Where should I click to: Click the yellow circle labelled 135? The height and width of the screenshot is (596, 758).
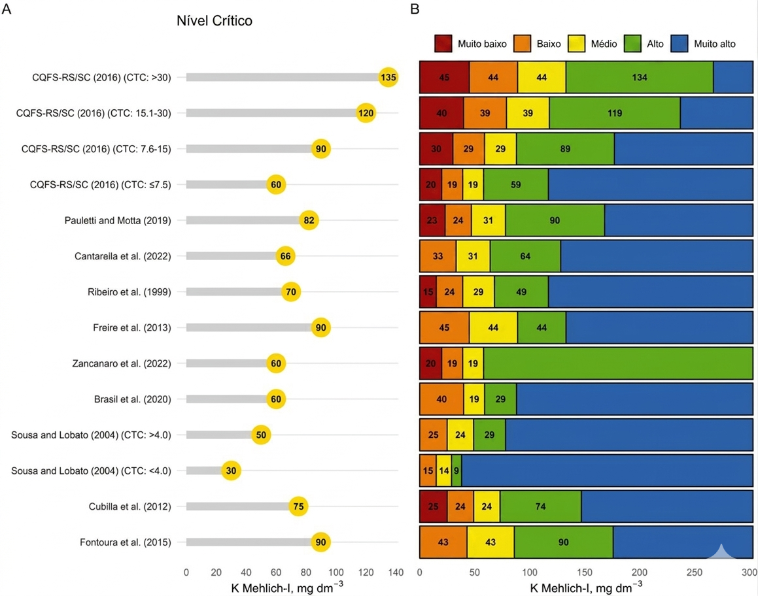point(388,77)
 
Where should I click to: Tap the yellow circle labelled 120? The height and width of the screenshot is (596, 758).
point(366,113)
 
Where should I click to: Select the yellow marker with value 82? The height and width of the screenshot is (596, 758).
point(309,220)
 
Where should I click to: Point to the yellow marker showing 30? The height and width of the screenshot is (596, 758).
point(232,471)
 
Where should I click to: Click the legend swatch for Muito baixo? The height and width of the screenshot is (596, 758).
point(443,44)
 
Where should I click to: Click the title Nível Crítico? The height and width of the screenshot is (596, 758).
point(215,21)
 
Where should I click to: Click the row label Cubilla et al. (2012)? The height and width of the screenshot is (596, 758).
point(129,506)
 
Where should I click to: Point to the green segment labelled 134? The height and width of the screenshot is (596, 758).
point(639,77)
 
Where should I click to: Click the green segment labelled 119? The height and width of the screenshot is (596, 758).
point(614,113)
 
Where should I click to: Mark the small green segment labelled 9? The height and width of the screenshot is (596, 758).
point(456,471)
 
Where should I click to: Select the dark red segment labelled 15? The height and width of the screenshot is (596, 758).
point(428,292)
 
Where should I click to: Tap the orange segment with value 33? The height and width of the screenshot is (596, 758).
point(438,256)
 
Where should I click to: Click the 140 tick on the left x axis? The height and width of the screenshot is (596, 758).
point(395,573)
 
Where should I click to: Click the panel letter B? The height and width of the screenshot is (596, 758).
point(414,8)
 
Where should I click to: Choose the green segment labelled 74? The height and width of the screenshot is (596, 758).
point(540,506)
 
